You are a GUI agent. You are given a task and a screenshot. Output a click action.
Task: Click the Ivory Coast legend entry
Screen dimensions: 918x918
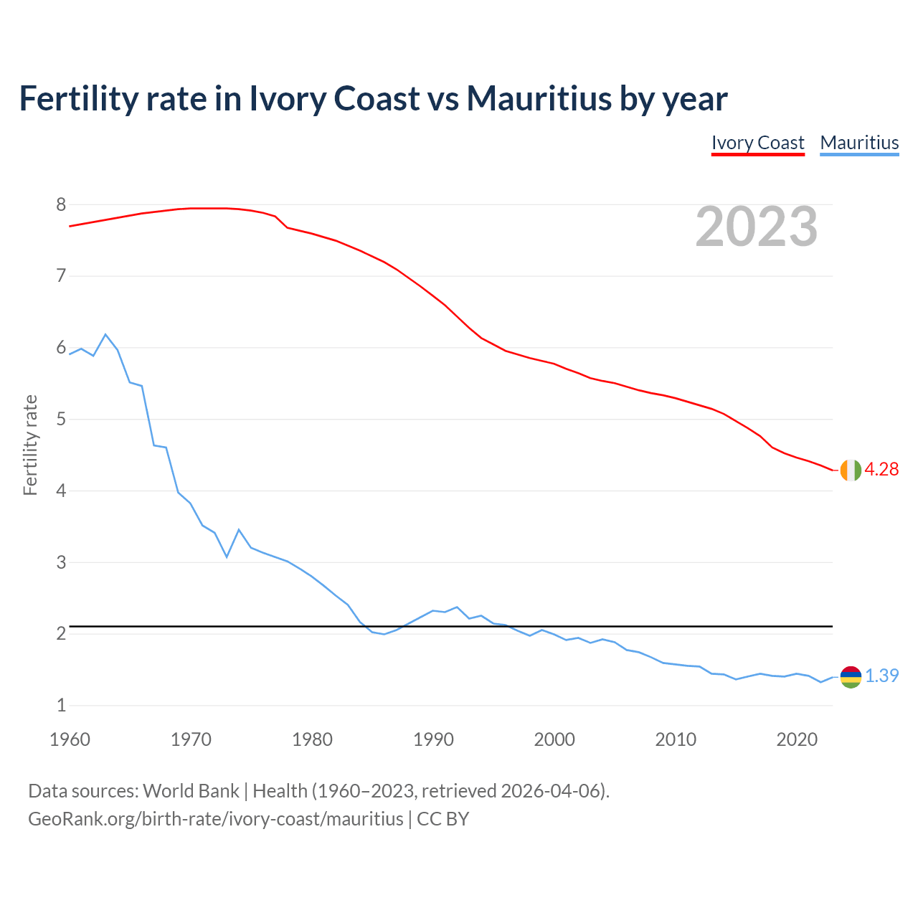point(757,143)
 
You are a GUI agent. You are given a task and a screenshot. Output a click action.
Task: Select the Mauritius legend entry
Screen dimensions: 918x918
point(859,143)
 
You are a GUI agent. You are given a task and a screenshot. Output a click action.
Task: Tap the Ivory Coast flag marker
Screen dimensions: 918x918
point(851,470)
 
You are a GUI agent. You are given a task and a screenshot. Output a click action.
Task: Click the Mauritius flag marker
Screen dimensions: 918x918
point(851,676)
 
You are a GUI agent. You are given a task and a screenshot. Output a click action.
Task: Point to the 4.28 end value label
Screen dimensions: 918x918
point(881,470)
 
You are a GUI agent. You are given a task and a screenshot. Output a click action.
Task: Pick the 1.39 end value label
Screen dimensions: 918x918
point(881,676)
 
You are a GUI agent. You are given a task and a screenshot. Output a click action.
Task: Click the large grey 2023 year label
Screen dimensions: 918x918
point(757,227)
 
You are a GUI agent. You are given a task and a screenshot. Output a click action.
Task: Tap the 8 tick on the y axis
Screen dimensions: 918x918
point(61,205)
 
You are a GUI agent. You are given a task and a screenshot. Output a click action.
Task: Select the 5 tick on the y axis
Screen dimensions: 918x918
point(61,419)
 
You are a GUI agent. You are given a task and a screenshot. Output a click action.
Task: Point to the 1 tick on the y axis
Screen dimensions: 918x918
point(61,705)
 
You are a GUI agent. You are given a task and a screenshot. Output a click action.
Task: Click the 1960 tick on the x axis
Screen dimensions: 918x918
point(70,739)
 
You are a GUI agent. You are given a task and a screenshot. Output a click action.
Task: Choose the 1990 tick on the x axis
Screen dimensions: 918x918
point(433,739)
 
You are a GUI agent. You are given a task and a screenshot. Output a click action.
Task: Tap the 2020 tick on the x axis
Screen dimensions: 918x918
point(797,739)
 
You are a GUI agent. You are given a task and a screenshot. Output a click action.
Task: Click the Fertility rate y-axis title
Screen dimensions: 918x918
point(30,445)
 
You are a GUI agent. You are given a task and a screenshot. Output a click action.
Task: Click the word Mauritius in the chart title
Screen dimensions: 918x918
point(539,98)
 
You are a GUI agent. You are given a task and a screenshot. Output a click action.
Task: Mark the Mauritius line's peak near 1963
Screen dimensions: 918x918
point(105,335)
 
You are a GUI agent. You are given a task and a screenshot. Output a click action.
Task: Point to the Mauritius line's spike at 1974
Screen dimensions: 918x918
point(239,530)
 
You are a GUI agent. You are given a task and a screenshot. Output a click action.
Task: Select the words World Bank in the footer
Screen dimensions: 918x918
point(191,791)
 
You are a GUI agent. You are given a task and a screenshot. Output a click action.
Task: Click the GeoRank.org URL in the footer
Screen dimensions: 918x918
point(215,819)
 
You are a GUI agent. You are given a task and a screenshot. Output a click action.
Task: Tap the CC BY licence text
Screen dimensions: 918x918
point(443,819)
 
